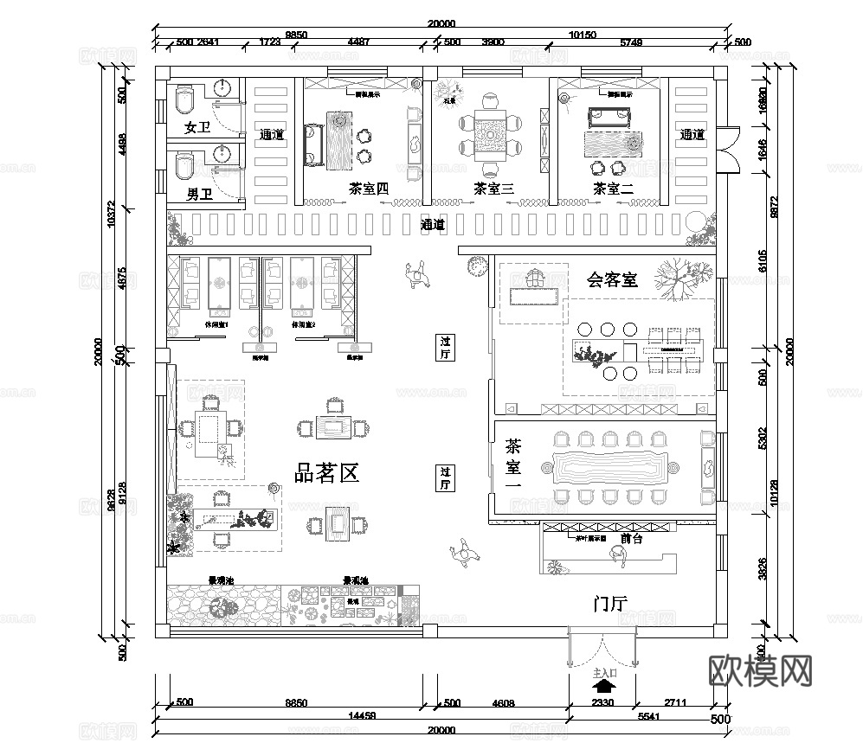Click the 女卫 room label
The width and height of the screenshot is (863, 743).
point(198,129)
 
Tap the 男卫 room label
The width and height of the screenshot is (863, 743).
point(199,195)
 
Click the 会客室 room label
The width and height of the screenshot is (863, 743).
point(612,279)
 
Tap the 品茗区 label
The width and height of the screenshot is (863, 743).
point(327,473)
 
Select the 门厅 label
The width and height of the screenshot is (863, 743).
point(610,604)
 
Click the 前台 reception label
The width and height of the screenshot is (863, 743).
point(631,537)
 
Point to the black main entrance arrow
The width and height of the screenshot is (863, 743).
point(603,686)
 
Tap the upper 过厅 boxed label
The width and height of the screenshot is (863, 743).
point(445,348)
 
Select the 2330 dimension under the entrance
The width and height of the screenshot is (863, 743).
point(602,703)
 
